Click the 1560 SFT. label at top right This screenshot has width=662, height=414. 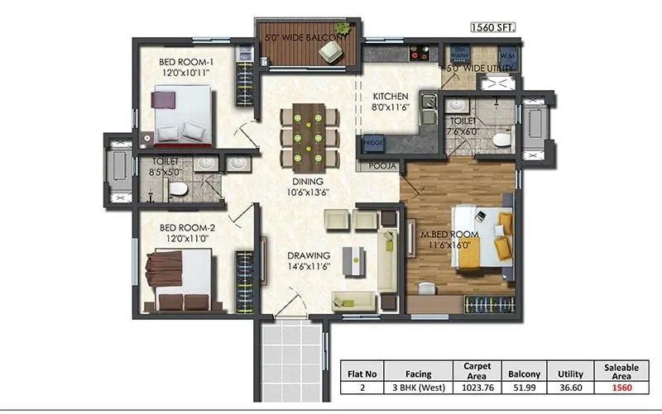(x=492, y=27)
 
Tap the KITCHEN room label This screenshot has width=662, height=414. (x=391, y=96)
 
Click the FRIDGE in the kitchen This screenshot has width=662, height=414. (x=372, y=145)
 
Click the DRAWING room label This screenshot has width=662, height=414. (x=309, y=255)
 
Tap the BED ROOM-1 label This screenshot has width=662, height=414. (x=186, y=61)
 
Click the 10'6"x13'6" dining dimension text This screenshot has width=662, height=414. (x=307, y=193)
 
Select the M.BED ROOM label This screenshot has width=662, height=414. (x=446, y=234)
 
